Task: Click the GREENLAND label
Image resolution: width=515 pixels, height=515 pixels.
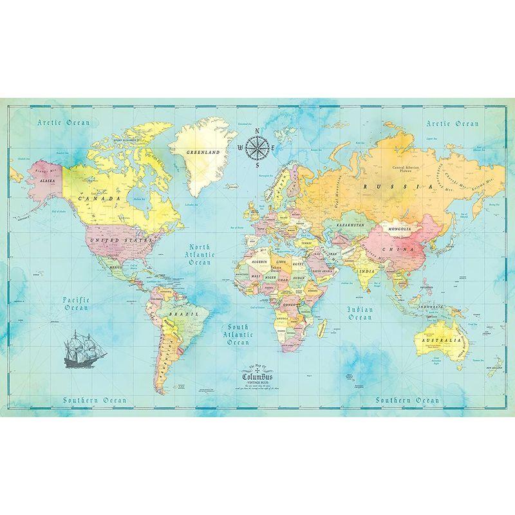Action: coord(203,153)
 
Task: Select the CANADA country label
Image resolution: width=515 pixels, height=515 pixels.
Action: coord(100,200)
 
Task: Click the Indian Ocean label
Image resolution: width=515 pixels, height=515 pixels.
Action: coord(360,313)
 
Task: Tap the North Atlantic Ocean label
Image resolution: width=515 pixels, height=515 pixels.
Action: coord(200,254)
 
